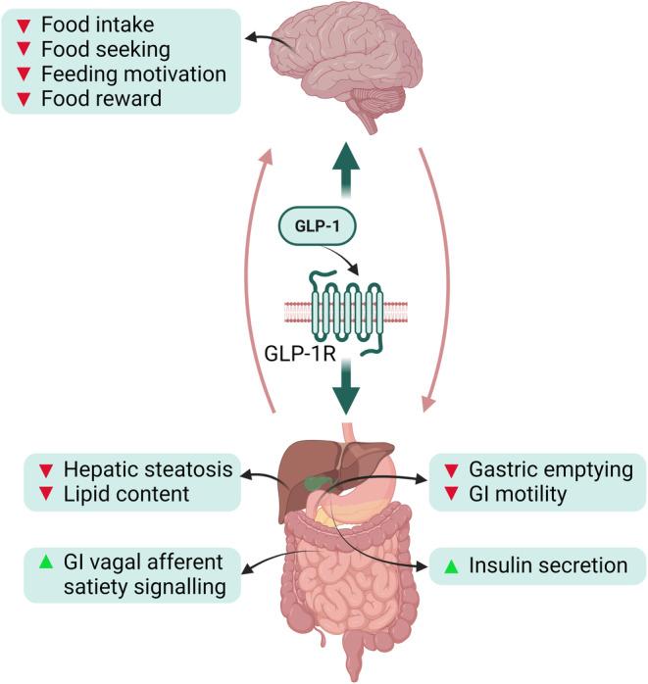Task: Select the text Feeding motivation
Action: click(127, 73)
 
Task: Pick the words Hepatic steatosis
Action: click(147, 469)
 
